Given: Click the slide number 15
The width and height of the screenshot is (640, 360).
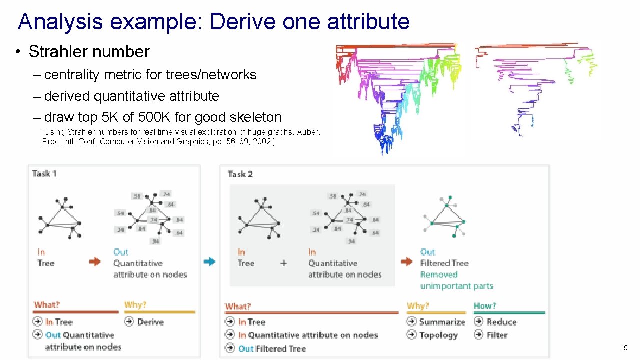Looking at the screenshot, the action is [623, 348].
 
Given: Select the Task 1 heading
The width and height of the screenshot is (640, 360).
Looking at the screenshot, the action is [44, 174].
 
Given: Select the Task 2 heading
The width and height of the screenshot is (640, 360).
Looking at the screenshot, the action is [240, 174].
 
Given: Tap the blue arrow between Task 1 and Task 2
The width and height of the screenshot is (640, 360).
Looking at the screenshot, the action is [210, 261].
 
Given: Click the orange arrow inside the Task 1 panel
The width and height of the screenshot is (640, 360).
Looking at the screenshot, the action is [95, 261].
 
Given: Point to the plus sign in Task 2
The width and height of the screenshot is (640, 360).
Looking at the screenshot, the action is [283, 263].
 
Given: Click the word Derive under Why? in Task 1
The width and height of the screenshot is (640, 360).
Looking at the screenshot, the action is [150, 322].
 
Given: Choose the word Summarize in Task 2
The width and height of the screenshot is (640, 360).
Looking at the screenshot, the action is [442, 322].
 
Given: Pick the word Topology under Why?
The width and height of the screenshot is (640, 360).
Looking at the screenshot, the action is [438, 335].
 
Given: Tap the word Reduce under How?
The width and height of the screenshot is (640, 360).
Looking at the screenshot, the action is [501, 322].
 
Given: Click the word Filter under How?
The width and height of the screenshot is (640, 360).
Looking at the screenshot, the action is [497, 335].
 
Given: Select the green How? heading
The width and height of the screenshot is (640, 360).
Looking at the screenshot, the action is [485, 305].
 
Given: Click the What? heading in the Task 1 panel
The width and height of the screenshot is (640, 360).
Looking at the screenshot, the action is [47, 305].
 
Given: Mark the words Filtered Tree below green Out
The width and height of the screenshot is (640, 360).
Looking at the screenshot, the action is [444, 263].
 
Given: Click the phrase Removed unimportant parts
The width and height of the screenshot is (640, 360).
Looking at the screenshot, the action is [456, 280].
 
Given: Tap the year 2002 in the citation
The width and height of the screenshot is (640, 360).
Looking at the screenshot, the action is [263, 142].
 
